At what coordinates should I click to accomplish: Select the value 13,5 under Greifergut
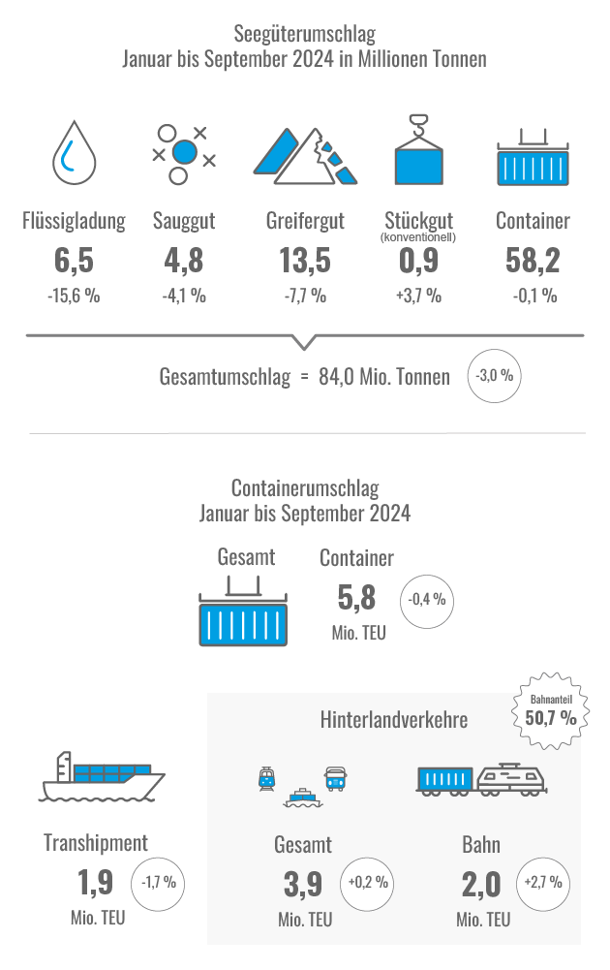click(305, 262)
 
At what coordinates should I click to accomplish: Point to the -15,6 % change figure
click(74, 296)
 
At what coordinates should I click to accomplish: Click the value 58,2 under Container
click(533, 262)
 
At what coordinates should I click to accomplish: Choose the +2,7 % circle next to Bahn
click(543, 883)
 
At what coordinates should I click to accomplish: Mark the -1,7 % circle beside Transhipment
click(158, 883)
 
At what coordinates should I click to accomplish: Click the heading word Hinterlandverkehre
click(394, 720)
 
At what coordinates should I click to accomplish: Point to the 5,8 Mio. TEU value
click(355, 598)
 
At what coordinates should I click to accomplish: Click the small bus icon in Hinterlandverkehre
click(335, 777)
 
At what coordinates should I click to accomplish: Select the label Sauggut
click(184, 221)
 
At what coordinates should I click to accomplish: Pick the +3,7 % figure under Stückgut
click(418, 296)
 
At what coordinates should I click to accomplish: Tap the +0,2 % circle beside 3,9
click(368, 883)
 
